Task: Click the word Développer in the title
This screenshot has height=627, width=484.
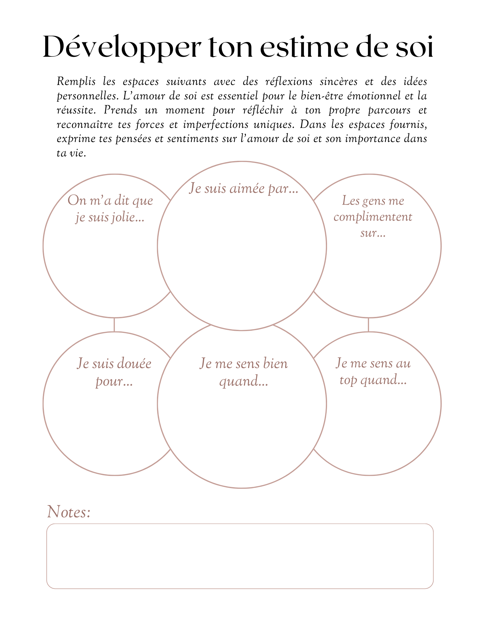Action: point(122,47)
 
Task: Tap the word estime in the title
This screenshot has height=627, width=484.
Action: point(304,47)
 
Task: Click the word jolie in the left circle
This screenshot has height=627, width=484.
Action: point(128,217)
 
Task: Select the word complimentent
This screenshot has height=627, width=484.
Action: point(373,217)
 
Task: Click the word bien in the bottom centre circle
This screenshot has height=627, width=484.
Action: point(275,364)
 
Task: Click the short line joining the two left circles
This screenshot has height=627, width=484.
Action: point(114,324)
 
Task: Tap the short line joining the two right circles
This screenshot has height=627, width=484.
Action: point(368,324)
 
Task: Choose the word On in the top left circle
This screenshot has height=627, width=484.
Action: point(77,201)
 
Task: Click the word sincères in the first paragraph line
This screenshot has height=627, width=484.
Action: point(338,82)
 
